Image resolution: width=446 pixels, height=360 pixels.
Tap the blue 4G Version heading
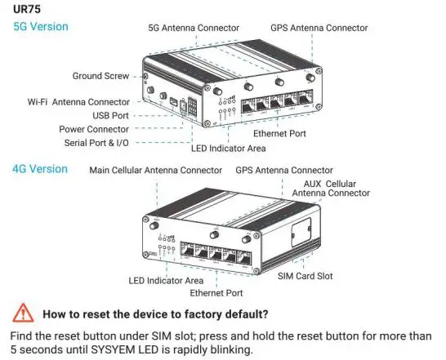pos(40,169)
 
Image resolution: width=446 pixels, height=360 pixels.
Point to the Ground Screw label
pos(100,75)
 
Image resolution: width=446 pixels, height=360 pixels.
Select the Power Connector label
pos(94,129)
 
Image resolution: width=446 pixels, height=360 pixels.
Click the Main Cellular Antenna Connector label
pos(155,171)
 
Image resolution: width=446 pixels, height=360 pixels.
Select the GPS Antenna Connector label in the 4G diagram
pos(283,171)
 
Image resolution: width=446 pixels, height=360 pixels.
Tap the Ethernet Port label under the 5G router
pos(280,132)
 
